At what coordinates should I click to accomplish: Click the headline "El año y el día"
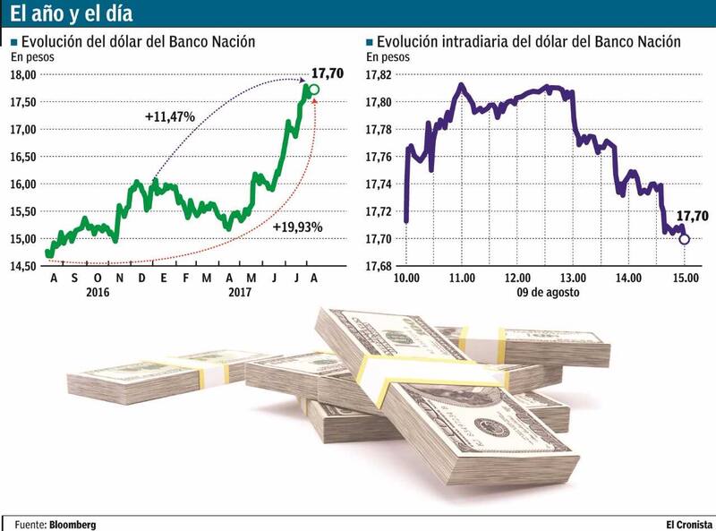pyautogui.click(x=72, y=15)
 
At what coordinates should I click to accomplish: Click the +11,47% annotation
pyautogui.click(x=169, y=116)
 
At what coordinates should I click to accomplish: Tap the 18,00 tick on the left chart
pyautogui.click(x=24, y=74)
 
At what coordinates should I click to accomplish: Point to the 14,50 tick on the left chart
pyautogui.click(x=24, y=266)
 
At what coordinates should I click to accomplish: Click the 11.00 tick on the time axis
pyautogui.click(x=462, y=278)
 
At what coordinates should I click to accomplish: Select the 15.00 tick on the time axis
pyautogui.click(x=685, y=278)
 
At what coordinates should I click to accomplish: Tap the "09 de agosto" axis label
pyautogui.click(x=546, y=292)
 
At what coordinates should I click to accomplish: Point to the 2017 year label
pyautogui.click(x=240, y=292)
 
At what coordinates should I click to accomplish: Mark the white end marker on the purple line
pyautogui.click(x=685, y=239)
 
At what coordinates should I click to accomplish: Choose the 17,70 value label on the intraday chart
pyautogui.click(x=692, y=216)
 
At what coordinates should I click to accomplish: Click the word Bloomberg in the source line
pyautogui.click(x=72, y=524)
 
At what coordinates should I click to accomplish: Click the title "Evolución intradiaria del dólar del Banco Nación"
pyautogui.click(x=529, y=42)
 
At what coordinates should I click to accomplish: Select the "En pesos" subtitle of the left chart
pyautogui.click(x=32, y=57)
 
